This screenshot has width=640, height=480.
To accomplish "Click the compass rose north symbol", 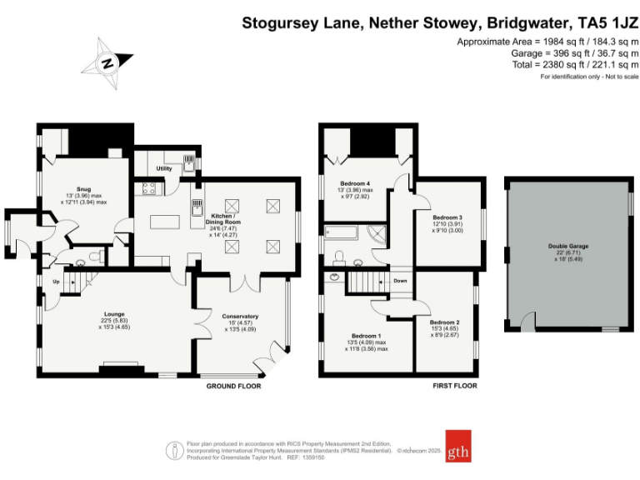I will (107, 62).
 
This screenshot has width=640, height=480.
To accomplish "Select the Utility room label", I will (163, 169).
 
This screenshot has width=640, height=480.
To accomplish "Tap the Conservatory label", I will (240, 316).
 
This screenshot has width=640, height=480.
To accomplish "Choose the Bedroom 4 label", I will (356, 183).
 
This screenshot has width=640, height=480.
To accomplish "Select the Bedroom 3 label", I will (448, 218).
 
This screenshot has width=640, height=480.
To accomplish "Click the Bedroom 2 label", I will (444, 322).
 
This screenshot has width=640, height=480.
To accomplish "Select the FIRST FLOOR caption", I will (454, 387).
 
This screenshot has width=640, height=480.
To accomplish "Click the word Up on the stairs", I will (56, 282).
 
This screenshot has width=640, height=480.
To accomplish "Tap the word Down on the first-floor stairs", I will (400, 281).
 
